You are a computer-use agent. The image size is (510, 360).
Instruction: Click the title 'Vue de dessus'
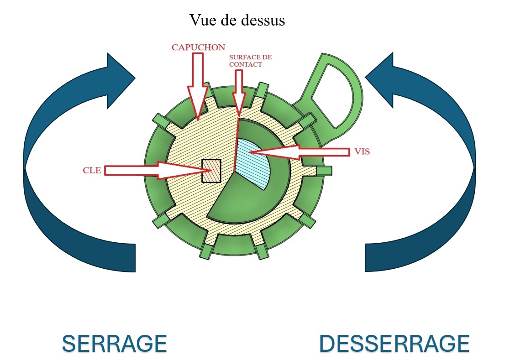pos(237,20)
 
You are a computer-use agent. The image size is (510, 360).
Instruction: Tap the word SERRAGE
pos(114,343)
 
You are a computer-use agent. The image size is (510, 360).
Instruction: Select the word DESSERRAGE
pos(394,343)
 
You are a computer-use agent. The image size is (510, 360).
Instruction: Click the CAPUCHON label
pos(199,47)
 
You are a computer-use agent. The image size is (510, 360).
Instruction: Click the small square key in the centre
pos(211,170)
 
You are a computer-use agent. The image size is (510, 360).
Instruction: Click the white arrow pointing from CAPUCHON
pos(198,84)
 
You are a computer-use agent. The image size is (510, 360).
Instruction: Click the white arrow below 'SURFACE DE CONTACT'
pos(238,94)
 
